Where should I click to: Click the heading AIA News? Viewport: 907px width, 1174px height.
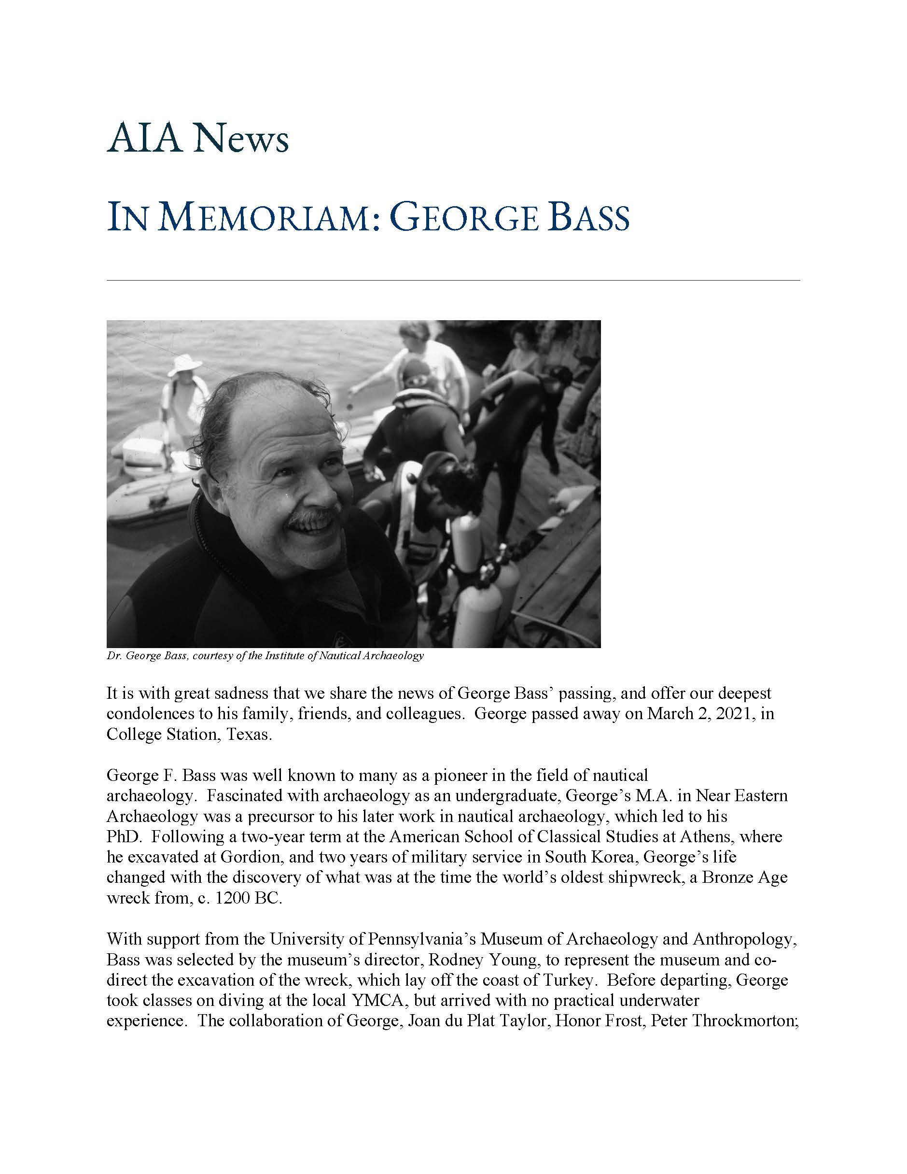click(197, 139)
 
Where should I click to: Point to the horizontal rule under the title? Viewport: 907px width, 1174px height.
click(452, 280)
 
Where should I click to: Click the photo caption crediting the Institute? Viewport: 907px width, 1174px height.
click(265, 656)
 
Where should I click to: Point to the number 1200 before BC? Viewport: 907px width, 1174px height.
click(232, 898)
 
